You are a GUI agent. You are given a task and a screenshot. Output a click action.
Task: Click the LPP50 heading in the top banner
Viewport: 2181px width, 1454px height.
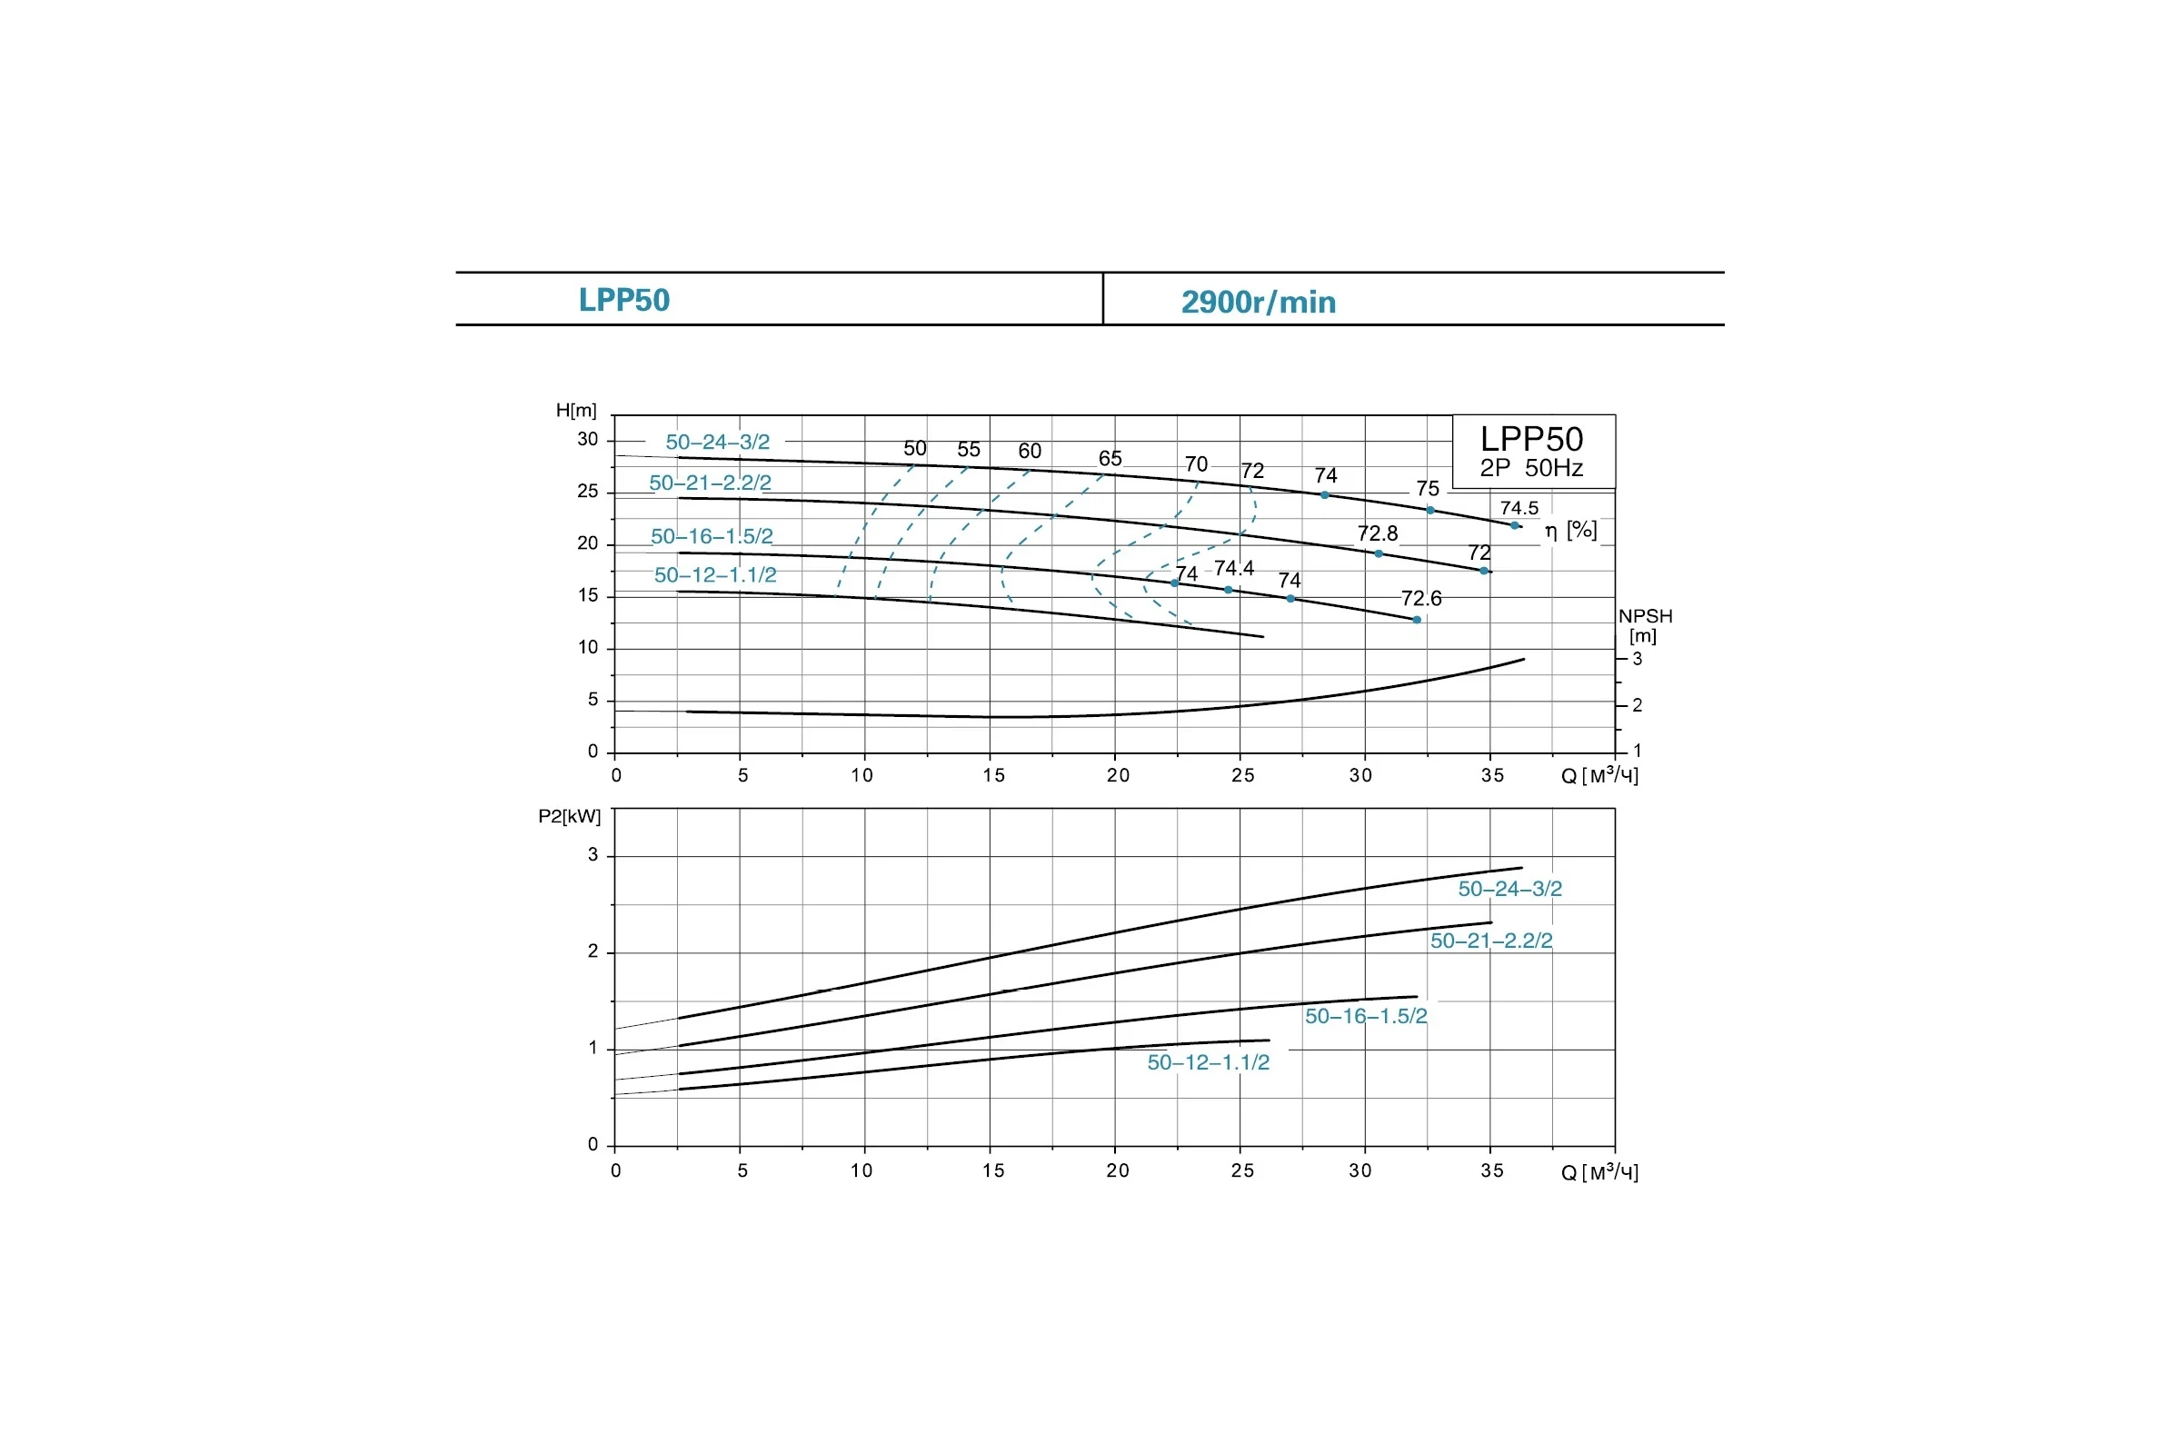click(624, 301)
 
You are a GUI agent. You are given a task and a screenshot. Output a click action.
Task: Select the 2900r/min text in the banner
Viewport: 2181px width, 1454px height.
click(1259, 303)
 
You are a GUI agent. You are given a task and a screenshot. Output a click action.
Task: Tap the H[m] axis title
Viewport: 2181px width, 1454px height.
click(576, 410)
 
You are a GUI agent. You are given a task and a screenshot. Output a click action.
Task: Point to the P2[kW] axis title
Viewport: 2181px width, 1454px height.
click(570, 816)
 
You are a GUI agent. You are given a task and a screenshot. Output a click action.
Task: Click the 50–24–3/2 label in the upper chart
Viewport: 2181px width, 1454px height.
click(718, 443)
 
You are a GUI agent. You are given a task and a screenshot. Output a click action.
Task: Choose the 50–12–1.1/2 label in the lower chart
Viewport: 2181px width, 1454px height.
click(1209, 1062)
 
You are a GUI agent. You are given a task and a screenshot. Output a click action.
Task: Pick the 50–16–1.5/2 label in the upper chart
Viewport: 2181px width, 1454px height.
click(712, 536)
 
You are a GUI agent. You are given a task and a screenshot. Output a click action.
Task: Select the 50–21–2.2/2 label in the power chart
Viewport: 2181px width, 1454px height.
click(1491, 941)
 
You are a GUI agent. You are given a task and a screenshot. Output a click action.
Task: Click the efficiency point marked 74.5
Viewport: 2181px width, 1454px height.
click(1514, 526)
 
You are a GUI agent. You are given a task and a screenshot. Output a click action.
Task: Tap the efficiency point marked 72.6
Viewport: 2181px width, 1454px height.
click(1417, 620)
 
